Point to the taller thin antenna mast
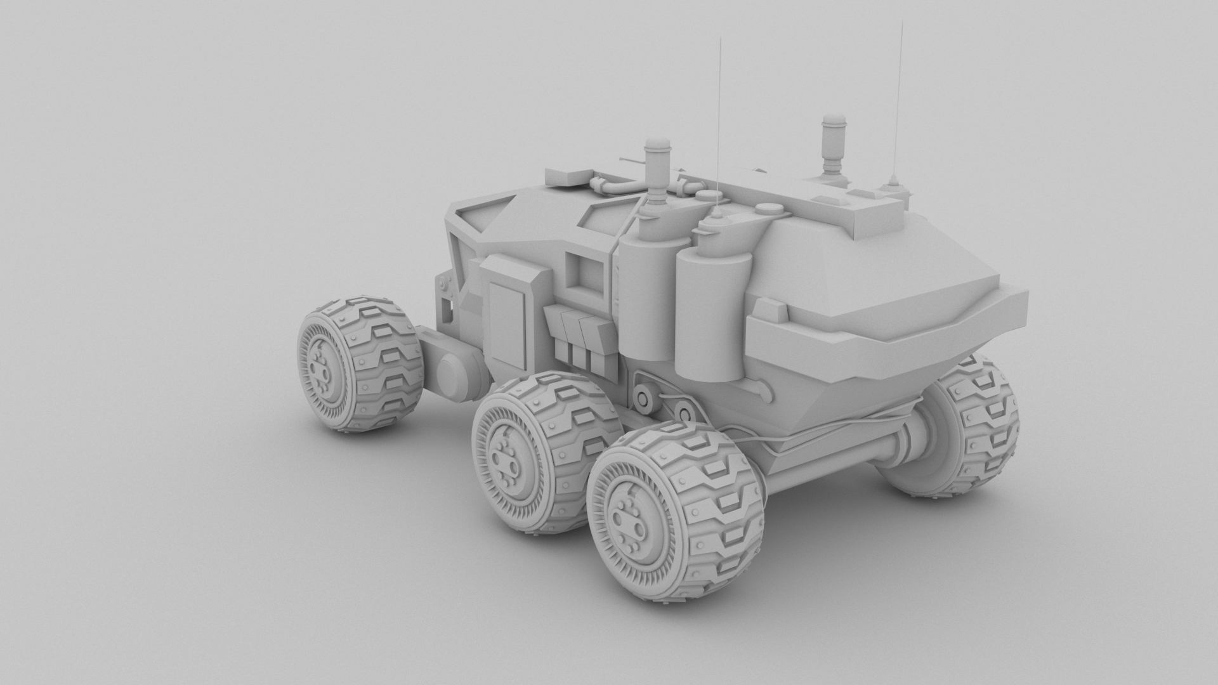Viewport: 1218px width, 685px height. click(900, 95)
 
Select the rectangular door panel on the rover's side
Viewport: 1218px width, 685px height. click(507, 323)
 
